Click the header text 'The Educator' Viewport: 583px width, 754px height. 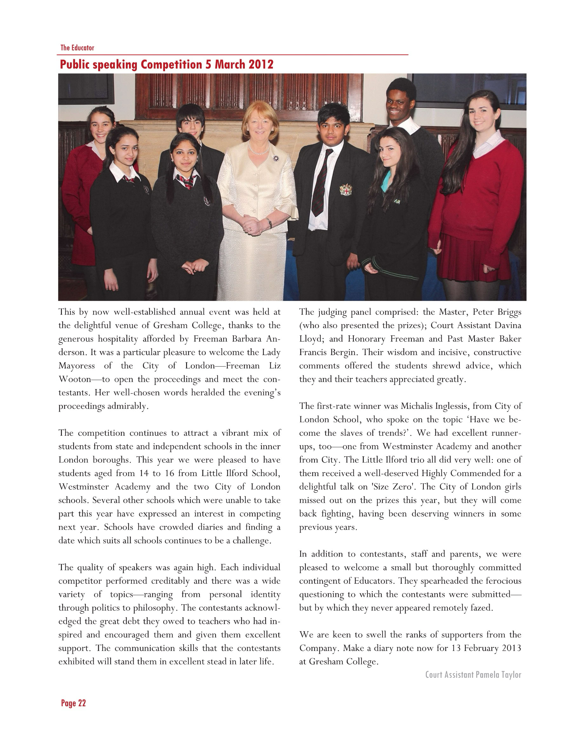click(x=77, y=48)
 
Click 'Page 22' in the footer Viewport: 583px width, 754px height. click(x=73, y=703)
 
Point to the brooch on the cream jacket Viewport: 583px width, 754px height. click(x=275, y=158)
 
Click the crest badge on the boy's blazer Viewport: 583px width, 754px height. click(x=345, y=189)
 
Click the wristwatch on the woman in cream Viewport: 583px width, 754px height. click(x=269, y=223)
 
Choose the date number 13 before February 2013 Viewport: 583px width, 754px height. click(x=456, y=648)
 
